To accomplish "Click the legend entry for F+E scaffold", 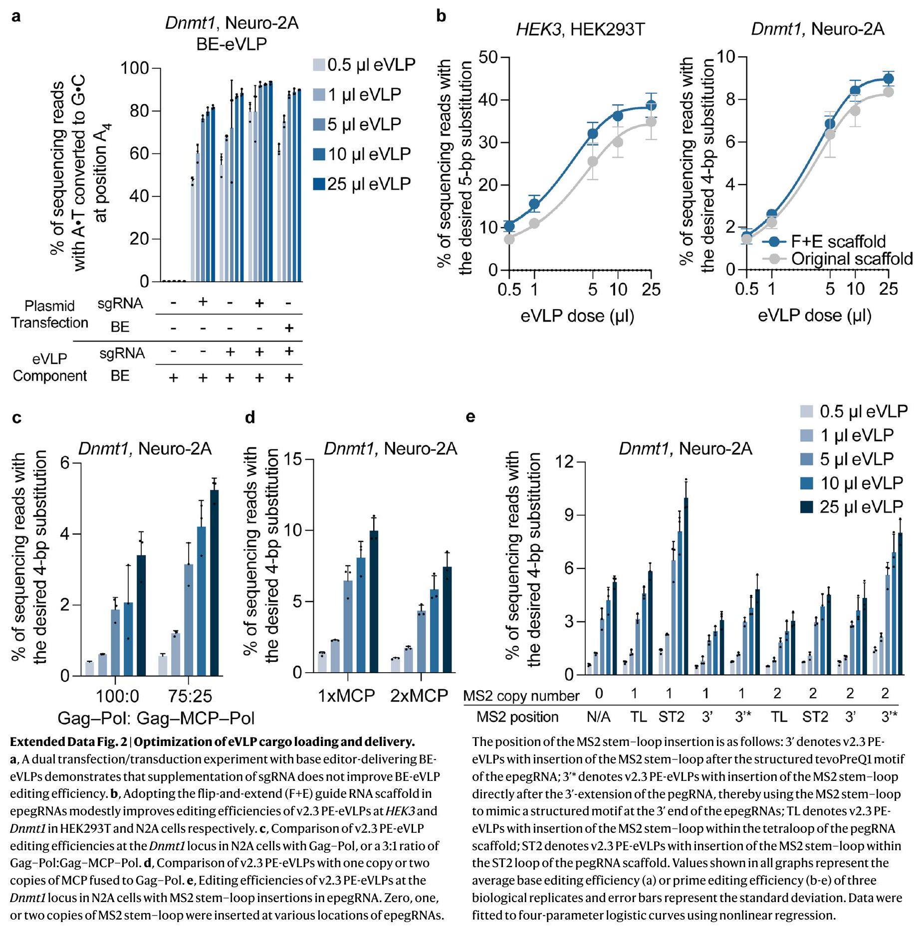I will pyautogui.click(x=838, y=241).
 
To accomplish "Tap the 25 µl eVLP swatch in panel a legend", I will pyautogui.click(x=319, y=184).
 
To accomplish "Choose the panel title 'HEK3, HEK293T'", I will pyautogui.click(x=580, y=30).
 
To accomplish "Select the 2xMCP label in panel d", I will pyautogui.click(x=419, y=695).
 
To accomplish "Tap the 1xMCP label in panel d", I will pyautogui.click(x=346, y=695).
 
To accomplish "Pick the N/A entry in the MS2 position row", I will pyautogui.click(x=598, y=717).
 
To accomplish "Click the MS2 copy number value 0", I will pyautogui.click(x=599, y=693).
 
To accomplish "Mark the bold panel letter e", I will pyautogui.click(x=470, y=417).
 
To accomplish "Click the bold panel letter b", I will pyautogui.click(x=441, y=16).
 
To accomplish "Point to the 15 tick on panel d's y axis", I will pyautogui.click(x=294, y=459).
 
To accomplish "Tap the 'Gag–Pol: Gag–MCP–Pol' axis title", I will pyautogui.click(x=156, y=718).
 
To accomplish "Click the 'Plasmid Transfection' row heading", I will pyautogui.click(x=49, y=314).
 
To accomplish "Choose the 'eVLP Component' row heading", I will pyautogui.click(x=49, y=367).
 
